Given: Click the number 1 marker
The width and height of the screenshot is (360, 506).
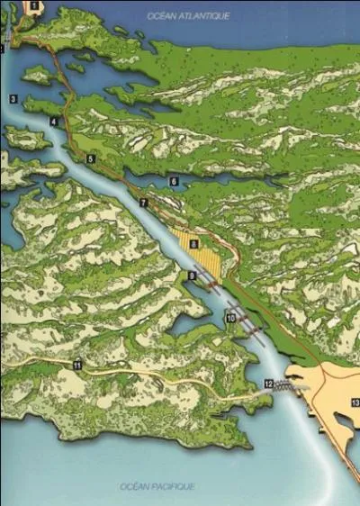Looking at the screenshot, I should coord(34,5).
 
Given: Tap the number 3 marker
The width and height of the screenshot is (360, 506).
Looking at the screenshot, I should coord(13,97).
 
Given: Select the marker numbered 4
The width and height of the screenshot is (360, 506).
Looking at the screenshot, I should coord(54,122).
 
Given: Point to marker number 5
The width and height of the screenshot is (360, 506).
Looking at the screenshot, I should coord(90,158).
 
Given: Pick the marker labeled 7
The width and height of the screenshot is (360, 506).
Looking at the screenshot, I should coord(142,203).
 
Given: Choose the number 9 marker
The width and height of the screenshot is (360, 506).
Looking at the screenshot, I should coord(192,275).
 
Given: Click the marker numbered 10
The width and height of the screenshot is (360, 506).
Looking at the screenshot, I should coord(230,318).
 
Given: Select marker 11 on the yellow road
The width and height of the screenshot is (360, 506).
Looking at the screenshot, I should coord(77,366).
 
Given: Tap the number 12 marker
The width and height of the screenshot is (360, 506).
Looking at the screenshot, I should coord(268,384).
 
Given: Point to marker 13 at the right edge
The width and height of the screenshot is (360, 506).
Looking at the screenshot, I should coord(355,402).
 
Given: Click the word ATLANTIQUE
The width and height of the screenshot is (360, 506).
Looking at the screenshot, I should coord(208,16).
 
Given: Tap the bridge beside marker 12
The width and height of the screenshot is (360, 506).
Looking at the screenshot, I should coord(290,384).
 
